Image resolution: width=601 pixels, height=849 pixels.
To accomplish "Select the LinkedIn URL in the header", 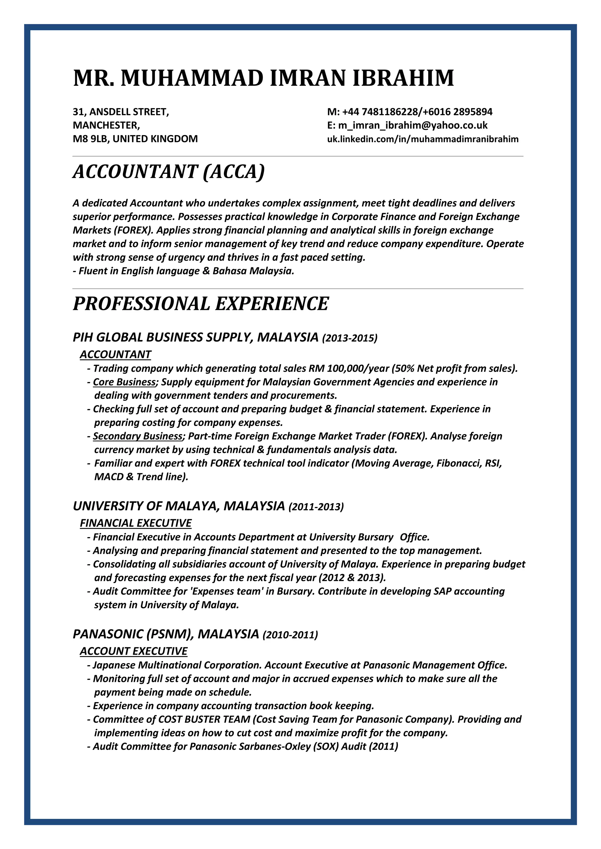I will point(423,140).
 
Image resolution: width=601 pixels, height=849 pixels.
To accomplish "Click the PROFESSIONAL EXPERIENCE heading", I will point(201,304).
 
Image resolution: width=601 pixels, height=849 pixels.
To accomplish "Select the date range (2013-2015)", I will point(350,338).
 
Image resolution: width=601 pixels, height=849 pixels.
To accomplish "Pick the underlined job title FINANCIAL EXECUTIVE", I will point(136,523).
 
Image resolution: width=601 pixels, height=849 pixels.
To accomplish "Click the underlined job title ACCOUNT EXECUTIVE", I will point(134,651).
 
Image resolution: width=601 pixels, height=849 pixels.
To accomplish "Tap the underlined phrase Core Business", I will point(124,382).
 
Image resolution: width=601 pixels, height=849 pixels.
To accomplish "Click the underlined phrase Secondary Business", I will point(138,436).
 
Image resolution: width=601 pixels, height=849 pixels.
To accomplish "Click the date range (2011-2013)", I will point(316,507).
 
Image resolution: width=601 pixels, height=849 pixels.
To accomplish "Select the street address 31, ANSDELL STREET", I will point(121,112).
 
